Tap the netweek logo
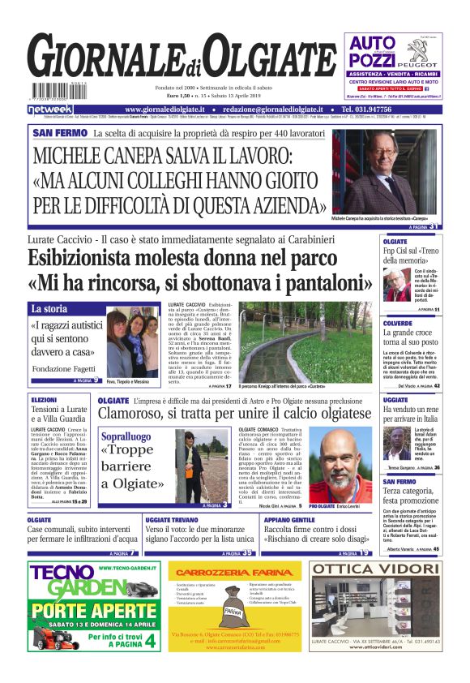click(x=50, y=109)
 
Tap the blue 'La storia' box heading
click(x=50, y=309)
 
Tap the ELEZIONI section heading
click(x=44, y=400)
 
